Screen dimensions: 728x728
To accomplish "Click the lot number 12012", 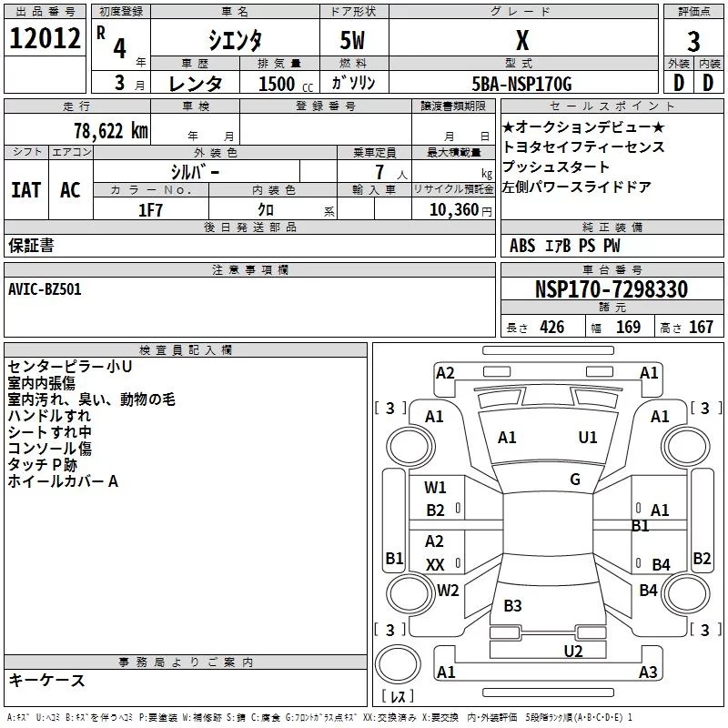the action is coord(44,40).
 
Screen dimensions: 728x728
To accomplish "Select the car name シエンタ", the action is coord(237,40).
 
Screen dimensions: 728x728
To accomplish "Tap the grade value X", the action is coord(521,40).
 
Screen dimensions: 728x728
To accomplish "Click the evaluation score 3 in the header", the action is coord(693,41).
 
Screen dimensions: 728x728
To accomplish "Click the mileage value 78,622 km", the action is coord(109,130).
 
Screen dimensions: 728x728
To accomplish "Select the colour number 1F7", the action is coord(151,209).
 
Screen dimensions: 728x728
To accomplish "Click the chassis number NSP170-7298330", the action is coord(611,289).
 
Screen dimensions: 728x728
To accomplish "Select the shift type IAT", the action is coord(26,189).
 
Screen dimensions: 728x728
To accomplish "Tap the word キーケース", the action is coord(46,680).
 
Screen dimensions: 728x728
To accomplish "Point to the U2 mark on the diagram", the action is coord(572,650).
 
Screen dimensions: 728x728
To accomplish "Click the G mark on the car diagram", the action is coord(574,479).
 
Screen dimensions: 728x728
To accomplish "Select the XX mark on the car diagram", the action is coord(436,564).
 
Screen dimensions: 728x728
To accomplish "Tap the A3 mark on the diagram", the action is coord(648,672).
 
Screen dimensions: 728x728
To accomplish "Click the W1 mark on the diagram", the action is coord(436,488).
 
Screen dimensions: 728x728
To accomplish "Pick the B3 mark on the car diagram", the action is coord(512,605).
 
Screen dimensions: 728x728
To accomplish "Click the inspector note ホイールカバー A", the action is coord(63,481).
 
